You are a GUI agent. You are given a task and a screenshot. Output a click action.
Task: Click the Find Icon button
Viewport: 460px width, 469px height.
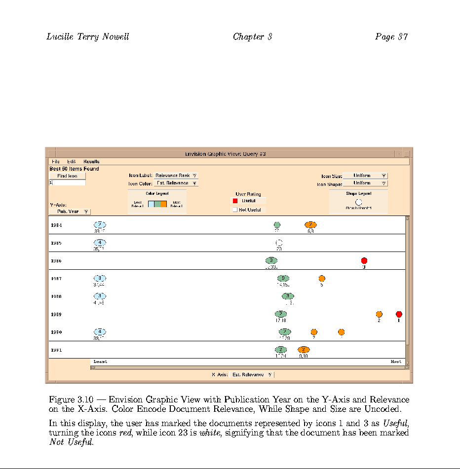[x=67, y=176]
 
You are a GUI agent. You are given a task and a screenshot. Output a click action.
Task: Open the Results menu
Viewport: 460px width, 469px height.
[x=91, y=161]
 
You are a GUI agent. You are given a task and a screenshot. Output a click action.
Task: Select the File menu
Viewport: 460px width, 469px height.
[x=56, y=161]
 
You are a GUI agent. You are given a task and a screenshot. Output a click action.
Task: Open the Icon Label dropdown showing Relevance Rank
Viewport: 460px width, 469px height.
[x=176, y=176]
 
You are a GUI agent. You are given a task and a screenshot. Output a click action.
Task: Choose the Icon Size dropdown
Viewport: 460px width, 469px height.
[x=365, y=176]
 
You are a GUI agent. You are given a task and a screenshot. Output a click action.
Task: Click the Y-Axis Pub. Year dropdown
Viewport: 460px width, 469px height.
[x=70, y=212]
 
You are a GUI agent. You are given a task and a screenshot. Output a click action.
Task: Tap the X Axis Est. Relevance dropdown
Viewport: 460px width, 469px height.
[x=252, y=375]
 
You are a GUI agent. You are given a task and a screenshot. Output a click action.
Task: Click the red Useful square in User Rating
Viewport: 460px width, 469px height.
[x=235, y=201]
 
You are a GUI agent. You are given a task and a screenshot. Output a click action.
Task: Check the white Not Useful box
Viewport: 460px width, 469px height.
[x=235, y=210]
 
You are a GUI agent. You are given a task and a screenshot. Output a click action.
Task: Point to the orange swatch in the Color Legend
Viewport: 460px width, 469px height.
[x=164, y=204]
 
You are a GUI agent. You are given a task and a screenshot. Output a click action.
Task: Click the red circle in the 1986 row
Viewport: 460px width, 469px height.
[x=364, y=260]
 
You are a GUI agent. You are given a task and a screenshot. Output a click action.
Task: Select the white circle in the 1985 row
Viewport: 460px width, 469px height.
[x=279, y=243]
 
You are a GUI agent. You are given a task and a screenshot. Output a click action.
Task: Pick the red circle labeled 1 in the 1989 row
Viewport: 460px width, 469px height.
[x=399, y=314]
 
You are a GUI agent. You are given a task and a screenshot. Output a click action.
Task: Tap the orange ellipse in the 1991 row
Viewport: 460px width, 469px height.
[x=304, y=350]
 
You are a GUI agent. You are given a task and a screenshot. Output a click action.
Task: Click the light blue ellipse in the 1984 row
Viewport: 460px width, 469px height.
[x=100, y=225]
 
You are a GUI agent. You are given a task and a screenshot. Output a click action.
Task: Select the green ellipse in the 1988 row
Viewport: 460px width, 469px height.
[x=288, y=296]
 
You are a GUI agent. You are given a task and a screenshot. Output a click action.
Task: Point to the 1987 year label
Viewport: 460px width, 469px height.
[x=56, y=279]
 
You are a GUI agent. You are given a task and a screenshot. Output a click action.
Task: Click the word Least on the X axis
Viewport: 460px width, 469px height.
[x=100, y=361]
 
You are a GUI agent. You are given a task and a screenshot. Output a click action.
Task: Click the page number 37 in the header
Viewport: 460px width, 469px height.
[x=403, y=36]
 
